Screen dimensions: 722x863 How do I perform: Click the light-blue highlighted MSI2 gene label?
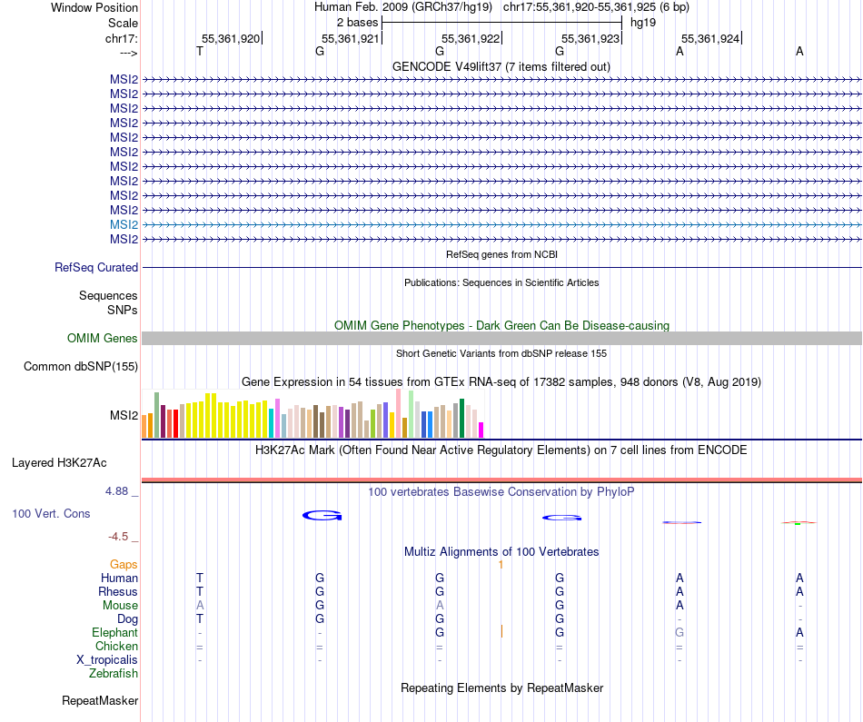coord(124,224)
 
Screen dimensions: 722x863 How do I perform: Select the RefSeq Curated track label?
coord(96,268)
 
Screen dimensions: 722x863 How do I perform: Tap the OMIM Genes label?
coord(103,339)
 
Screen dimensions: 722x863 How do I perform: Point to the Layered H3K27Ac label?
coord(59,463)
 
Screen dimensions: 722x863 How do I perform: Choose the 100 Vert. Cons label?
coord(51,514)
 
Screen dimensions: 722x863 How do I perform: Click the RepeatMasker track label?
coord(100,701)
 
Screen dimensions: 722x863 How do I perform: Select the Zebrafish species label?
coord(114,674)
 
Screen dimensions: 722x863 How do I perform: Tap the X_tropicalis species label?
coord(107,660)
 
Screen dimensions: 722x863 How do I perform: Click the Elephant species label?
coord(114,633)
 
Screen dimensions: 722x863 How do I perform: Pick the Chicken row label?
coord(117,647)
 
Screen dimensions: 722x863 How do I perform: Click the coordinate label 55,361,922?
coord(471,39)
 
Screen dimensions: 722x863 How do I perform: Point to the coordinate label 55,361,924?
coord(710,39)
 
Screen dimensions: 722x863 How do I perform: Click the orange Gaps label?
coord(124,565)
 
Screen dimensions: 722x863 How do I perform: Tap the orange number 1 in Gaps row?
coord(501,565)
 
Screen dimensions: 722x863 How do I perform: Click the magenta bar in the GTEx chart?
coord(481,430)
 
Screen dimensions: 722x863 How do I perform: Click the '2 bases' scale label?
coord(357,22)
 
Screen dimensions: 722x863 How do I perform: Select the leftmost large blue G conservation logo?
coord(322,516)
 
